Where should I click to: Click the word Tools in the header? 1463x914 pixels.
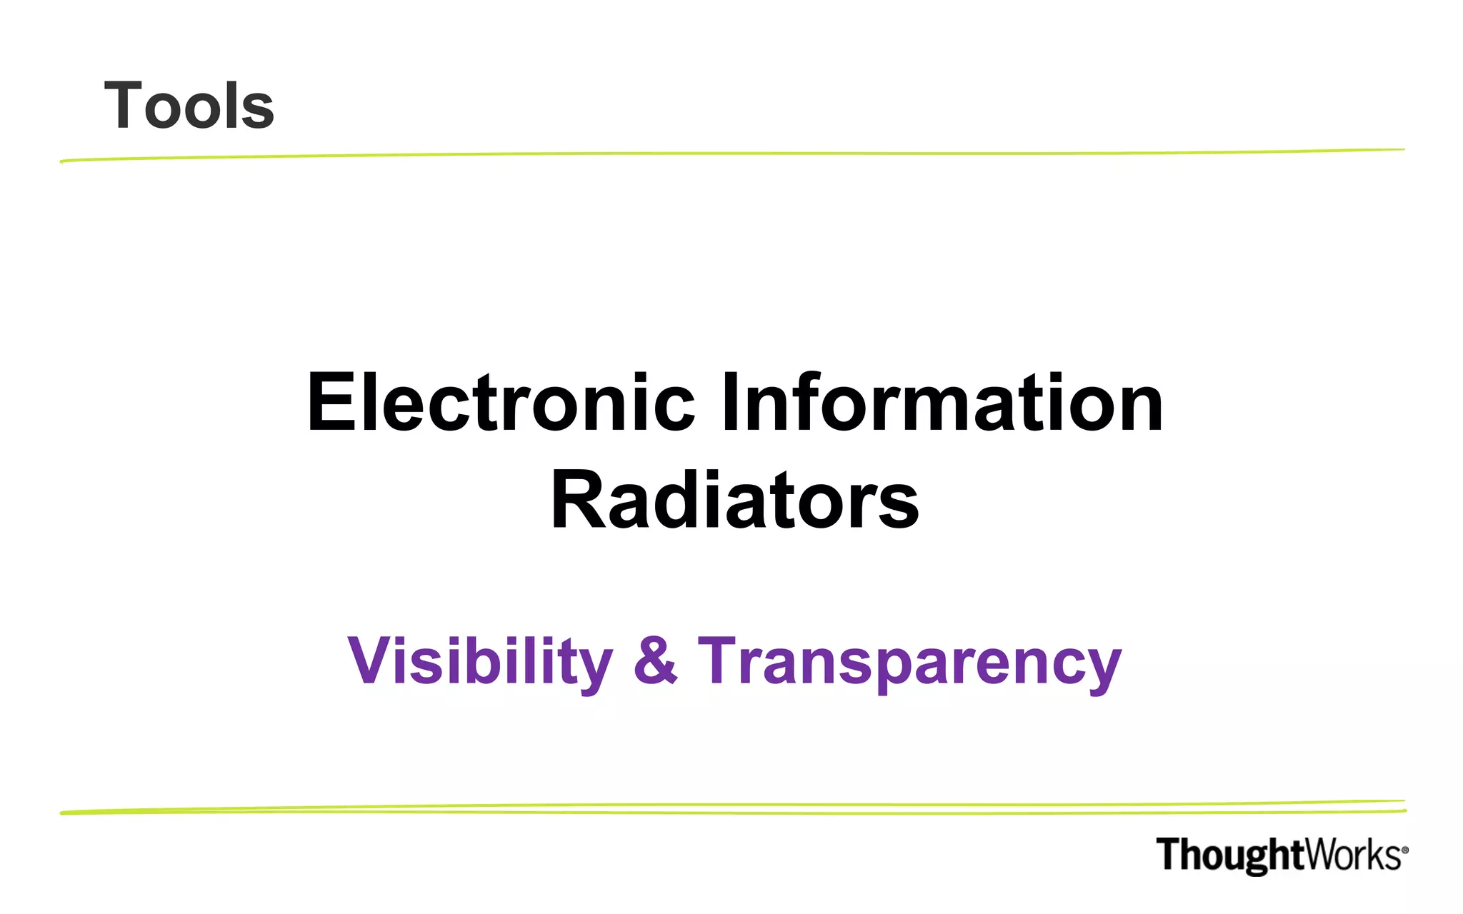pyautogui.click(x=189, y=106)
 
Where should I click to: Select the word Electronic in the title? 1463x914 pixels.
pyautogui.click(x=500, y=403)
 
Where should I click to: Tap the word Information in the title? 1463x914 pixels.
pyautogui.click(x=942, y=403)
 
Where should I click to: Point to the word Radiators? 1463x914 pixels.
pyautogui.click(x=734, y=501)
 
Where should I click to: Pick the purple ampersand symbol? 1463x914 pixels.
pyautogui.click(x=655, y=660)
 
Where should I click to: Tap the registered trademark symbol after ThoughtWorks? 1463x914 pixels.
pyautogui.click(x=1404, y=850)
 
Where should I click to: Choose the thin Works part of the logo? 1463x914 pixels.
pyautogui.click(x=1352, y=855)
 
